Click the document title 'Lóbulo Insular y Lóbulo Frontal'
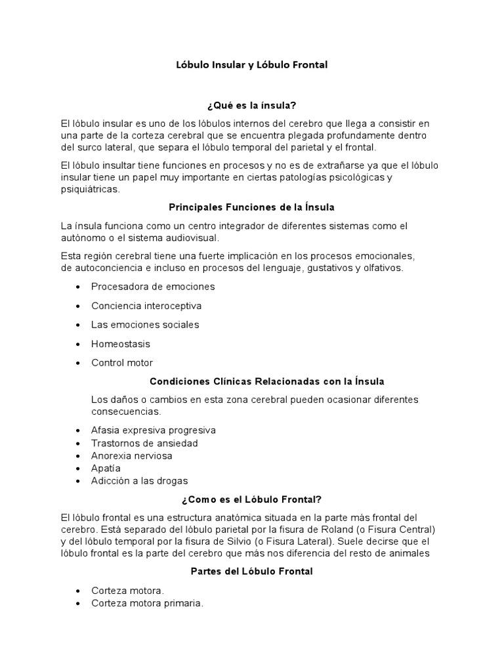click(251, 65)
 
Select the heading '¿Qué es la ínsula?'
click(251, 105)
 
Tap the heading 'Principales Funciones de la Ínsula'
click(251, 207)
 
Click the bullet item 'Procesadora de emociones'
click(153, 287)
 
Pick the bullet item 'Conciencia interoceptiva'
click(146, 306)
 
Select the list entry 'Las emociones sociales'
click(145, 325)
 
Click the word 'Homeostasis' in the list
click(121, 344)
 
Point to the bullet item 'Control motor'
click(122, 363)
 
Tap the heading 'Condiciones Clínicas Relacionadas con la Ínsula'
click(266, 381)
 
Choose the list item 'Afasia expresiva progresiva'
click(154, 430)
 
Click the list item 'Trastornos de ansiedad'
click(144, 443)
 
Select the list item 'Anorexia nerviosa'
click(132, 455)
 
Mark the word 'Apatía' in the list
click(106, 468)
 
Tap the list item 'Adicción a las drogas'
click(140, 480)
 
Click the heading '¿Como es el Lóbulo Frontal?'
click(251, 499)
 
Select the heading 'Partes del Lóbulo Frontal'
click(251, 572)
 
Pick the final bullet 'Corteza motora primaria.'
click(147, 603)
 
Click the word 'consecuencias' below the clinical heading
click(125, 411)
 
